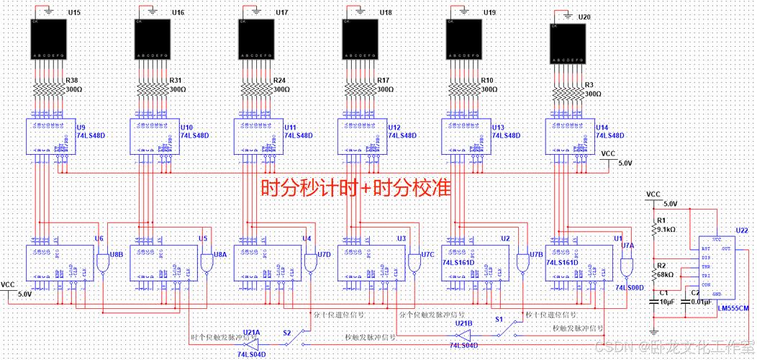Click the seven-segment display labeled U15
click(47, 40)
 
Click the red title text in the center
click(355, 189)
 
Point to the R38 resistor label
click(72, 80)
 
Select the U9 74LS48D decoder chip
click(47, 135)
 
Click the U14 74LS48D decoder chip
click(567, 135)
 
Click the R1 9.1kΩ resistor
click(653, 230)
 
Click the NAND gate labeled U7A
click(625, 268)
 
